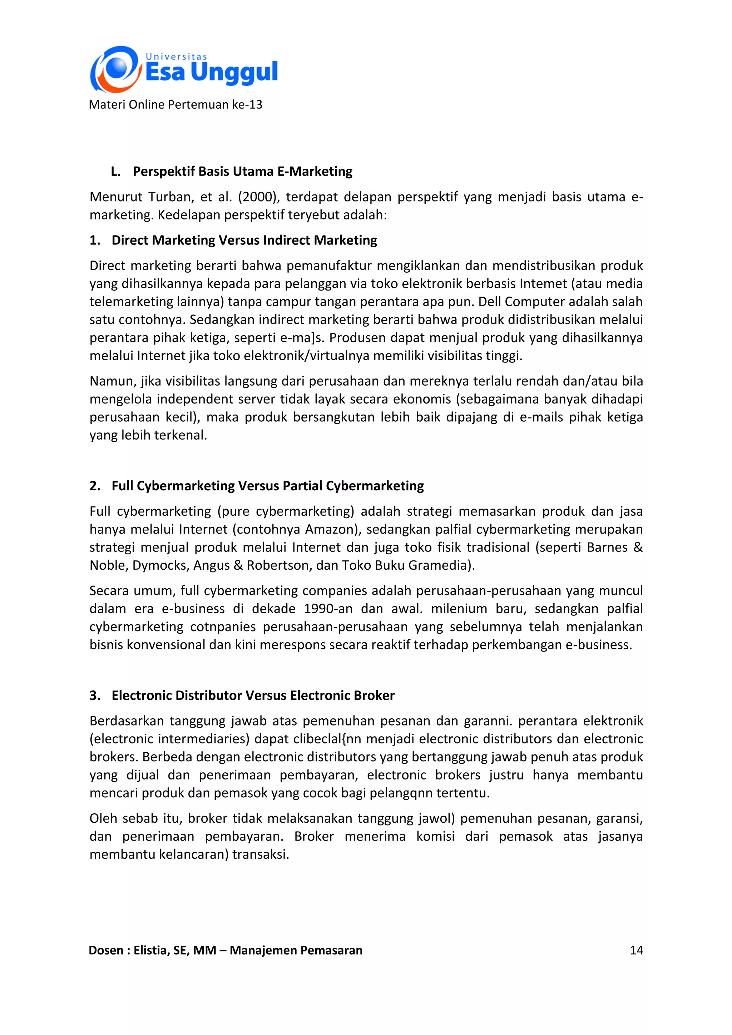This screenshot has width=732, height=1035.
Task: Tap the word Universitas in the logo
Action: point(176,57)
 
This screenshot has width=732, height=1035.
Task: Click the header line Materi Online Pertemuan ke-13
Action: point(175,105)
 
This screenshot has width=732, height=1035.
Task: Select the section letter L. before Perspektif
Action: point(115,172)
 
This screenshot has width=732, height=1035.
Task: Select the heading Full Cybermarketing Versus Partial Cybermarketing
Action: point(267,486)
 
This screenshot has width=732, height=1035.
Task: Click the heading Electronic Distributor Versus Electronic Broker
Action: point(253,695)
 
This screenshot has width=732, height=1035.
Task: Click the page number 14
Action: point(636,950)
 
